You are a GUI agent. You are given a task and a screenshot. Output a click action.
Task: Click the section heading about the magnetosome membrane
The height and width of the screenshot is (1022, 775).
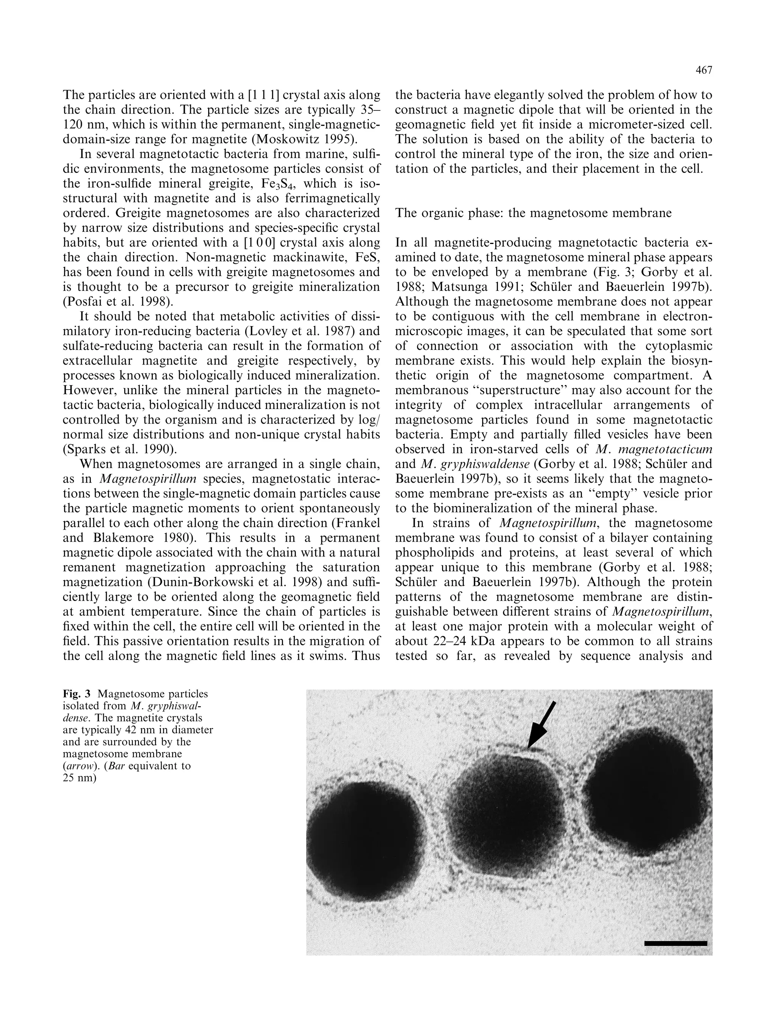click(x=533, y=213)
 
